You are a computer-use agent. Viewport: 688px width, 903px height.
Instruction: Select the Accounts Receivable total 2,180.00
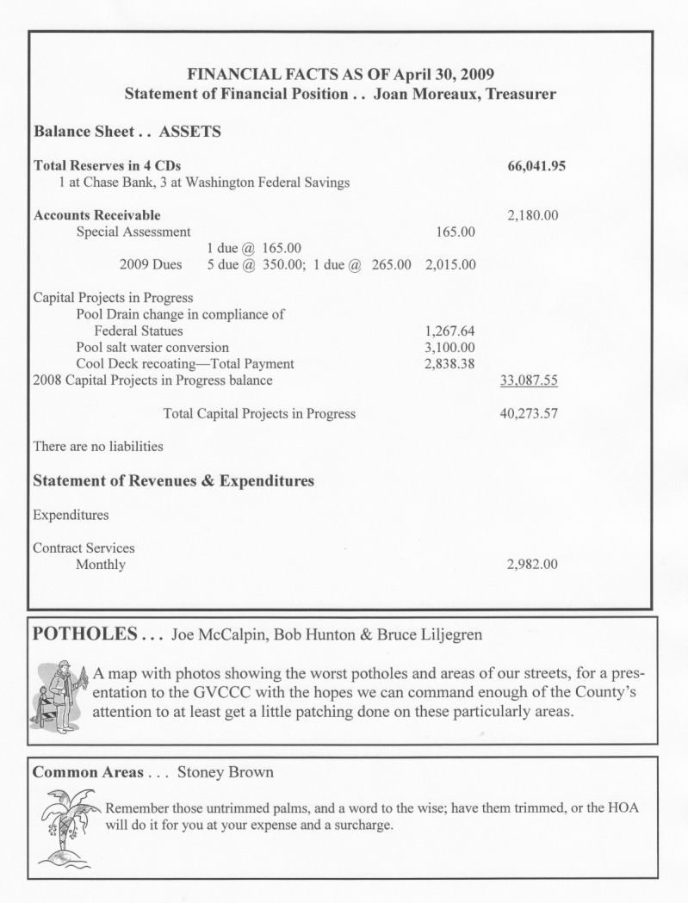click(x=528, y=215)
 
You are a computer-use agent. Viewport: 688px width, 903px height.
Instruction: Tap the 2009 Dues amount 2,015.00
click(x=449, y=264)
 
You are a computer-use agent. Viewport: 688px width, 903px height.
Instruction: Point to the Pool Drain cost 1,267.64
click(x=449, y=331)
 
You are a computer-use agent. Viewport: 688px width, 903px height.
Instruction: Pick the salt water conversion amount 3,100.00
click(x=449, y=347)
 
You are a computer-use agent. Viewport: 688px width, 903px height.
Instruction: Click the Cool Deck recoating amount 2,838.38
click(x=449, y=363)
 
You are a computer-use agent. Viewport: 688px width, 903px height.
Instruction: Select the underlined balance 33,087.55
click(x=528, y=380)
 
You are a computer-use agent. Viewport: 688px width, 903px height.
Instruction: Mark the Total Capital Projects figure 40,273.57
click(x=528, y=413)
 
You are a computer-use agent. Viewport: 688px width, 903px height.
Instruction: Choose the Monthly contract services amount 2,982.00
click(x=528, y=565)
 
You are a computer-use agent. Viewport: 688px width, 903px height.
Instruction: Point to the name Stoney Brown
click(x=225, y=772)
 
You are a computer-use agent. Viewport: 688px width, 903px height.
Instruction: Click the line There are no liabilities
click(x=97, y=447)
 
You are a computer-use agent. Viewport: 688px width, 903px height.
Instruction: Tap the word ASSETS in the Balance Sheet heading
click(x=190, y=133)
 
